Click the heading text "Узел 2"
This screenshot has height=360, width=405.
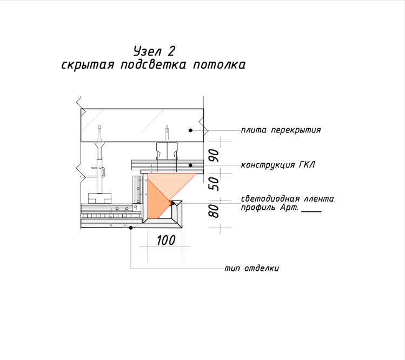coord(155,51)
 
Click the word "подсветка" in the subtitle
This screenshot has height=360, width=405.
coord(153,65)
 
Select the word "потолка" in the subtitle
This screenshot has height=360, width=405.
coord(220,65)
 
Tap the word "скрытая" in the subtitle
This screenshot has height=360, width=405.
coord(88,65)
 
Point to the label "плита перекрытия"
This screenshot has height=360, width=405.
coord(281,130)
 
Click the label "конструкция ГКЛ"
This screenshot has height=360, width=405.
coord(278,165)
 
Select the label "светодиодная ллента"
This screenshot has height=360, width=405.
coord(287,199)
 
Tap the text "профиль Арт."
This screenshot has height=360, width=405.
coord(270,208)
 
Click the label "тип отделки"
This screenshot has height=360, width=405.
coord(251,269)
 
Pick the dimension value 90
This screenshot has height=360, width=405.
coord(214,156)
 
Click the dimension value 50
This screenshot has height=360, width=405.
coord(214,184)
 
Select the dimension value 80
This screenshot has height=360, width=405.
coord(214,211)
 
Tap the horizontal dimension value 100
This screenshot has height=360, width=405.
coord(166,240)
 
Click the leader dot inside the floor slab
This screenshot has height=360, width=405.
coord(191,130)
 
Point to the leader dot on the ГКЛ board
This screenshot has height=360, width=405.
coord(191,165)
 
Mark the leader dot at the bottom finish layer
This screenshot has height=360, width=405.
coord(131,228)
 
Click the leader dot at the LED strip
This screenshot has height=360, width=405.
coord(172,203)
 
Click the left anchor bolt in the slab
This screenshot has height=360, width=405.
coord(99,134)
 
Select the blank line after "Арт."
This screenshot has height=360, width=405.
coord(311,211)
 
